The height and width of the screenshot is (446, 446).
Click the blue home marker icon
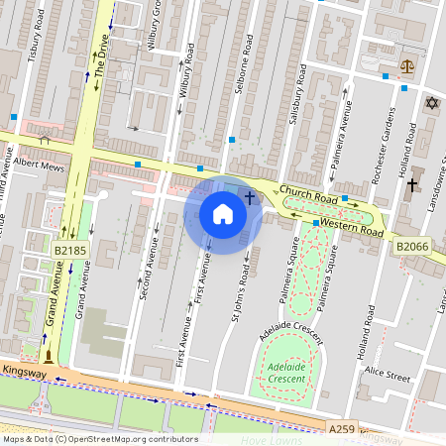(x=223, y=213)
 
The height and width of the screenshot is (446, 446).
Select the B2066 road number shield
(x=411, y=246)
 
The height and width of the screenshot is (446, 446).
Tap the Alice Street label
(x=386, y=375)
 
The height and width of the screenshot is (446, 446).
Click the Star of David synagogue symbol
(x=431, y=103)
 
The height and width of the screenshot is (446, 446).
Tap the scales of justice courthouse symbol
(x=405, y=65)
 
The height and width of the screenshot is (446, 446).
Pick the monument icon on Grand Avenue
(x=47, y=354)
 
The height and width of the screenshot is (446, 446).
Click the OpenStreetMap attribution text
(x=100, y=438)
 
